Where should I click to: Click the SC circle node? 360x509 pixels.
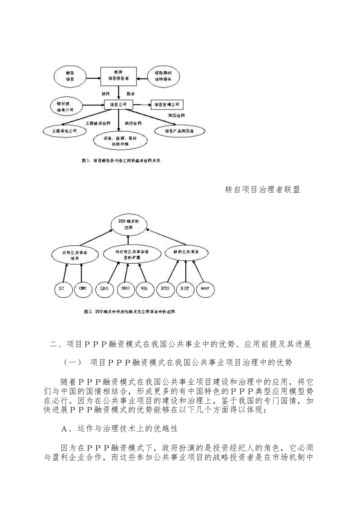coord(62,289)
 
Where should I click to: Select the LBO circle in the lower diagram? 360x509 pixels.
coord(105,289)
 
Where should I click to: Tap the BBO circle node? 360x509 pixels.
coord(125,289)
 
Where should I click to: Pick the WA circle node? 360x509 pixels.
coord(144,289)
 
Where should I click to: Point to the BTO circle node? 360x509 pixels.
coord(165,289)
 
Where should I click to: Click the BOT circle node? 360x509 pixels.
coord(185,289)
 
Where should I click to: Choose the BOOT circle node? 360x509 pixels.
coord(205,289)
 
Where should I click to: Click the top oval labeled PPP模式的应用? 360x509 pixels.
coord(128,225)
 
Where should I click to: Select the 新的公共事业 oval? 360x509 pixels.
coord(186,252)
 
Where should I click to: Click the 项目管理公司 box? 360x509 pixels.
coord(167,104)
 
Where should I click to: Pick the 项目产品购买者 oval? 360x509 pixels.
coord(180,131)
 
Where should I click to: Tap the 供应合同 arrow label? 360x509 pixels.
coord(133,123)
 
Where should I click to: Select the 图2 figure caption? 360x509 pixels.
coord(129,312)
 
